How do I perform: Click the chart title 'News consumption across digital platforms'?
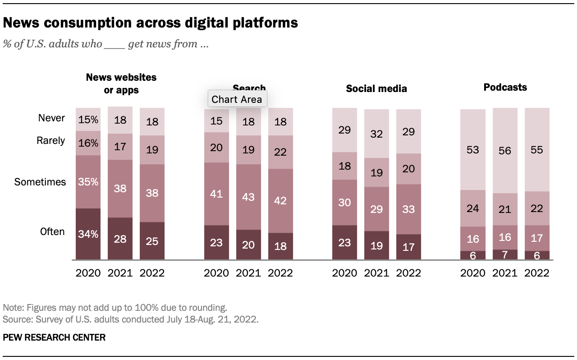[150, 23]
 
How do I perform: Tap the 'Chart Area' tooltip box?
[237, 99]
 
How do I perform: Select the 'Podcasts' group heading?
[505, 88]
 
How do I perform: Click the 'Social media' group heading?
[376, 88]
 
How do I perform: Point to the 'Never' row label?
[52, 118]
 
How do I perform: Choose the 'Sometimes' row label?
[40, 182]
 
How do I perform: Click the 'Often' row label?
[53, 232]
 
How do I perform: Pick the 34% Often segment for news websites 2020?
[88, 234]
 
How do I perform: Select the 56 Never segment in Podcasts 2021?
[505, 151]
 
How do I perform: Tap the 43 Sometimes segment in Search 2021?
[248, 197]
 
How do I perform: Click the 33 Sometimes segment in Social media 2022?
[408, 209]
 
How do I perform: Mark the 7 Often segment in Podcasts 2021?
[505, 255]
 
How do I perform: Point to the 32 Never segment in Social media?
[376, 134]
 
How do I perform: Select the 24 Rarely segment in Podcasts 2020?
[473, 208]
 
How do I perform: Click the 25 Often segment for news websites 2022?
[152, 241]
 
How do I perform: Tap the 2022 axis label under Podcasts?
[537, 273]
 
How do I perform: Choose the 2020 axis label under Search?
[216, 273]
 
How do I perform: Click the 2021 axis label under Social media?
[376, 273]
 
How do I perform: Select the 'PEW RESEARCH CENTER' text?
[54, 337]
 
